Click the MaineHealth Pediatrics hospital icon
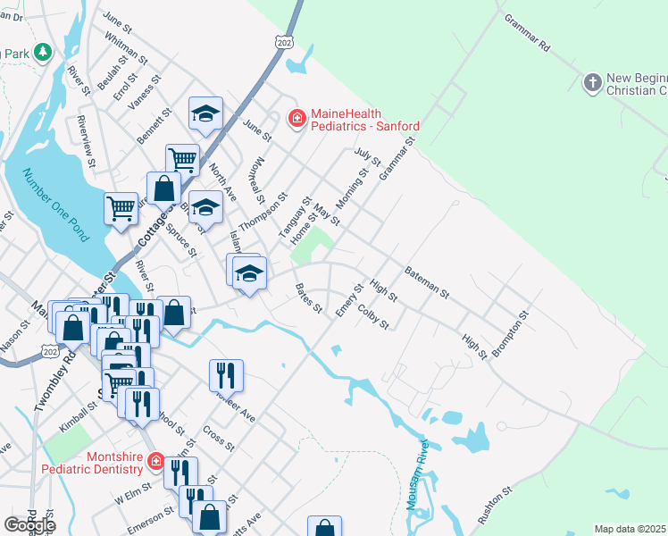pyautogui.click(x=296, y=117)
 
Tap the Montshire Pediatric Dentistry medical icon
pyautogui.click(x=155, y=461)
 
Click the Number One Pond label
pyautogui.click(x=55, y=205)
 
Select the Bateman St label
pyautogui.click(x=427, y=281)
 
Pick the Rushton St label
pyautogui.click(x=496, y=506)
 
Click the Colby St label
pyautogui.click(x=372, y=317)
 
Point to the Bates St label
pyautogui.click(x=309, y=298)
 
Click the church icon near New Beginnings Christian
pyautogui.click(x=591, y=83)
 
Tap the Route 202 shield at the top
pyautogui.click(x=284, y=42)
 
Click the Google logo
pyautogui.click(x=29, y=524)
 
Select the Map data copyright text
pyautogui.click(x=630, y=529)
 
